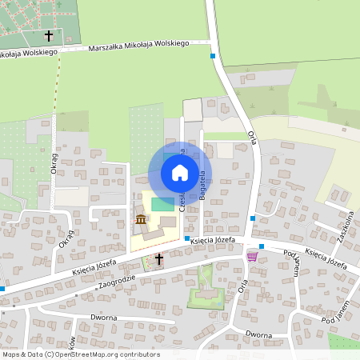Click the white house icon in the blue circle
179,172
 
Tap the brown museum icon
141,219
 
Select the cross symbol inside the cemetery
50,36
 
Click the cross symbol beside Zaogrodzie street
158,258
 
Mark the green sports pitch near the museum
162,204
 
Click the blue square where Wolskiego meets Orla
213,56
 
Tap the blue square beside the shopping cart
262,246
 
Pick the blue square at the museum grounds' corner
186,238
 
